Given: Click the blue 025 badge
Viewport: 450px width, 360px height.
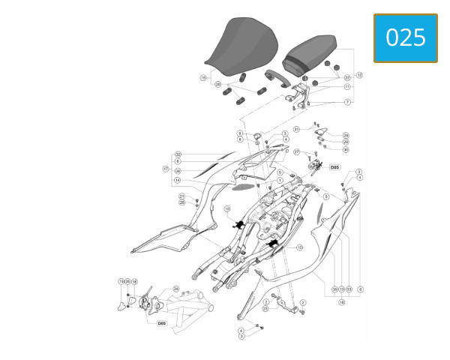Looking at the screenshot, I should (405, 37).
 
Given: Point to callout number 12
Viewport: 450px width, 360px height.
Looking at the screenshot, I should (359, 75).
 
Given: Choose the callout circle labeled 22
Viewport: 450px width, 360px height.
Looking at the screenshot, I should (347, 77).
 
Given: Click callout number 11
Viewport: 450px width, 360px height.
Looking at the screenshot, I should (347, 87).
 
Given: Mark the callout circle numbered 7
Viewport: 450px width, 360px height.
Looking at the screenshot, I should (347, 101).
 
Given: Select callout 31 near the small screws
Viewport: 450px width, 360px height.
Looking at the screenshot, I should (296, 129).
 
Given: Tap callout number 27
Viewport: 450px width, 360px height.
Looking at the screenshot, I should (297, 152).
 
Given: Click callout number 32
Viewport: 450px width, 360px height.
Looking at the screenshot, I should (178, 154).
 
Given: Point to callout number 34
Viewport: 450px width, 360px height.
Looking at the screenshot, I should (178, 171).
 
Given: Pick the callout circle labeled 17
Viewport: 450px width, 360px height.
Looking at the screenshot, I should (166, 168).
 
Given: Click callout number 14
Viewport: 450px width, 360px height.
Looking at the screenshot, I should (178, 180).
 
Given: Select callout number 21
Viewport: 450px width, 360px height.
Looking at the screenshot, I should (181, 196).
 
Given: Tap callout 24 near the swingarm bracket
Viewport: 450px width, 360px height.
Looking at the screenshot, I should (175, 288).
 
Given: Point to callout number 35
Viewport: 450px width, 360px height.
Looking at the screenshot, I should (334, 288).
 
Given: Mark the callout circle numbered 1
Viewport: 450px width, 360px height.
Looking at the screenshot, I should (279, 181).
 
